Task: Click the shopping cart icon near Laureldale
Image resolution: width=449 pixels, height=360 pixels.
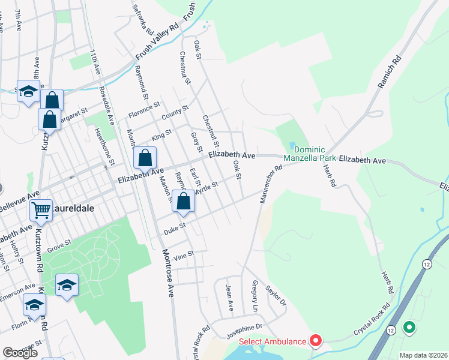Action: click(41, 211)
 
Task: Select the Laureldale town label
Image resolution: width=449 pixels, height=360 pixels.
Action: click(68, 209)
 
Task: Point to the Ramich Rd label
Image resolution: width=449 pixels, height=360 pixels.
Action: click(388, 73)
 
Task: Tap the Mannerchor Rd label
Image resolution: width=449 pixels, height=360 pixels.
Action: click(271, 185)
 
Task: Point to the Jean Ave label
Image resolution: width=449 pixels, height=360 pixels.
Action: click(229, 297)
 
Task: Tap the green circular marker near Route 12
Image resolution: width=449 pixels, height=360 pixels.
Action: click(409, 328)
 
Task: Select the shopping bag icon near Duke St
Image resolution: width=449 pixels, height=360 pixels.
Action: click(184, 202)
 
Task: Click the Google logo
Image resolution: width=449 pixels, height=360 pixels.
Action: click(20, 353)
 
